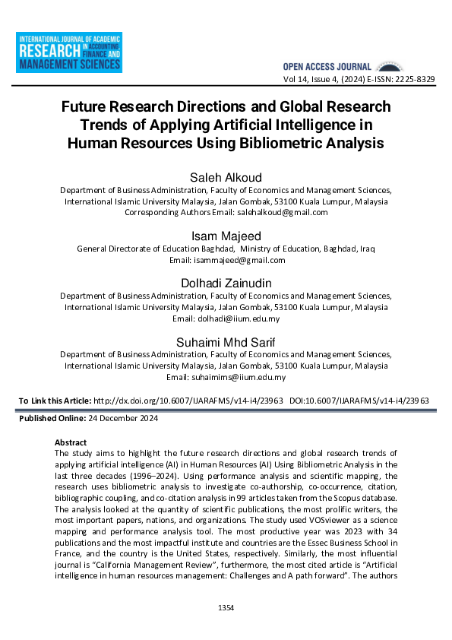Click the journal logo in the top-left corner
[x=69, y=52]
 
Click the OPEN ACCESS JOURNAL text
[x=327, y=67]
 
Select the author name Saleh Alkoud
[x=226, y=178]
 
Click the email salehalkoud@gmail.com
[x=283, y=213]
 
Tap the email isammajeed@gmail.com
[x=239, y=260]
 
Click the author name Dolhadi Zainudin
[x=226, y=283]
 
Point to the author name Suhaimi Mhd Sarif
[x=226, y=342]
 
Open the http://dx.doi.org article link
[x=188, y=400]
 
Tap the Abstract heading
[x=71, y=442]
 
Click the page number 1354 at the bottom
[x=226, y=608]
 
